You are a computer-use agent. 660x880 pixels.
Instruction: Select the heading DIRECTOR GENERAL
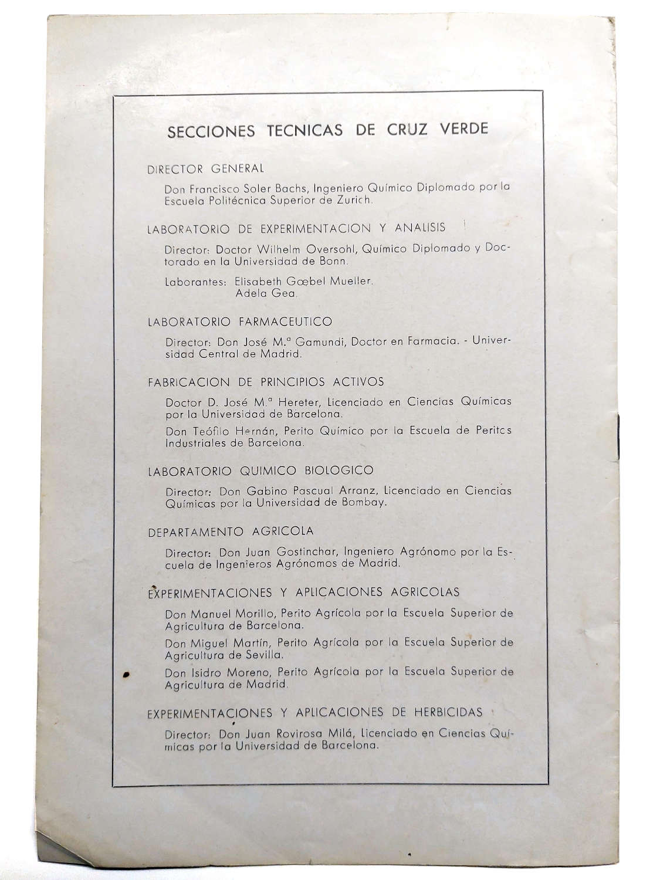pyautogui.click(x=205, y=169)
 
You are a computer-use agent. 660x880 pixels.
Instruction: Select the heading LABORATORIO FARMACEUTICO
pyautogui.click(x=239, y=322)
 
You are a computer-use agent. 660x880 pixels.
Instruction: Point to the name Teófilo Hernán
pyautogui.click(x=233, y=431)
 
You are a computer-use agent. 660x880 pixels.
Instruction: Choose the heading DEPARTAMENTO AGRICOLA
pyautogui.click(x=231, y=532)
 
